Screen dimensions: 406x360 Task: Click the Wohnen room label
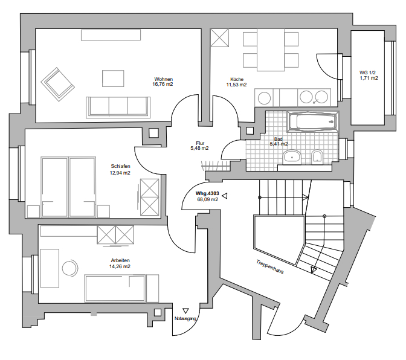tap(163, 79)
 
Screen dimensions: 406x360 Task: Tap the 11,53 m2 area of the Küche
tap(236, 85)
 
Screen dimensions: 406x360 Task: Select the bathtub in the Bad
tap(313, 122)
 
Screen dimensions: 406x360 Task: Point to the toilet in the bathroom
tap(317, 157)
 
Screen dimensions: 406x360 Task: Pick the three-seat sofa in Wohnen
tap(118, 108)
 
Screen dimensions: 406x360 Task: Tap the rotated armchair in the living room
tap(58, 85)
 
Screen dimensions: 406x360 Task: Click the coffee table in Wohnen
tap(113, 79)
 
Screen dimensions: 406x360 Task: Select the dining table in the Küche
tap(271, 50)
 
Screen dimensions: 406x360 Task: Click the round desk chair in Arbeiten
tap(69, 268)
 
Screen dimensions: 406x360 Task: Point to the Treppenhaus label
tap(270, 266)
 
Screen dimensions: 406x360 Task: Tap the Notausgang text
tap(185, 318)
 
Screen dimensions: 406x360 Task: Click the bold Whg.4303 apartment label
tap(207, 193)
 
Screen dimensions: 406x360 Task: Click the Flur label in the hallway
tap(200, 143)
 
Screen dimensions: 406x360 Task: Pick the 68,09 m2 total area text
tap(207, 199)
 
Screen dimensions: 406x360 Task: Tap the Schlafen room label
tap(120, 166)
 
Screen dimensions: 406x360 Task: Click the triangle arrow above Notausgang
tap(185, 310)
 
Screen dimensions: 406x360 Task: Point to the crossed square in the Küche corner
tap(219, 38)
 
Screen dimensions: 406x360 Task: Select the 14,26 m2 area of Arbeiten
tap(120, 266)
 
